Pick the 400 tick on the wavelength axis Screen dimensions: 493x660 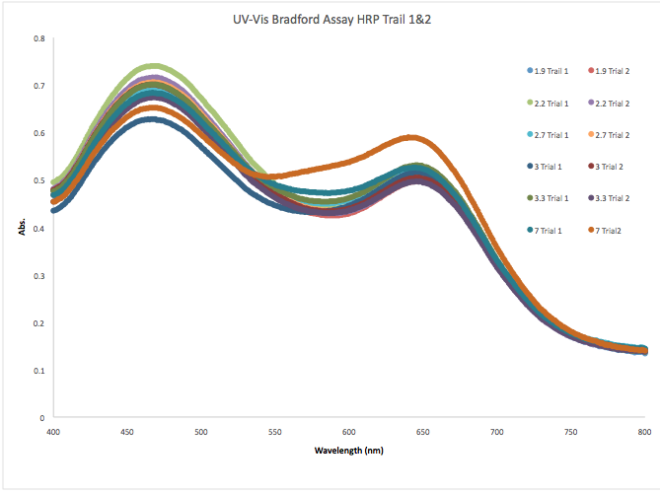tap(53, 432)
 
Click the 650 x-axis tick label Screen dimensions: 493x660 tap(423, 432)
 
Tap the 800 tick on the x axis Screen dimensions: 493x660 tap(644, 432)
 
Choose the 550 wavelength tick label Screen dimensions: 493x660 tap(275, 432)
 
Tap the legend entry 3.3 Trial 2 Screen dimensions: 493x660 tap(618, 198)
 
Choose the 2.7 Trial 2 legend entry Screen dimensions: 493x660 tap(618, 135)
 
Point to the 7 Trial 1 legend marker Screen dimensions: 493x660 tap(530, 230)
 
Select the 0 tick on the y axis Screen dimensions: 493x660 tap(43, 418)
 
